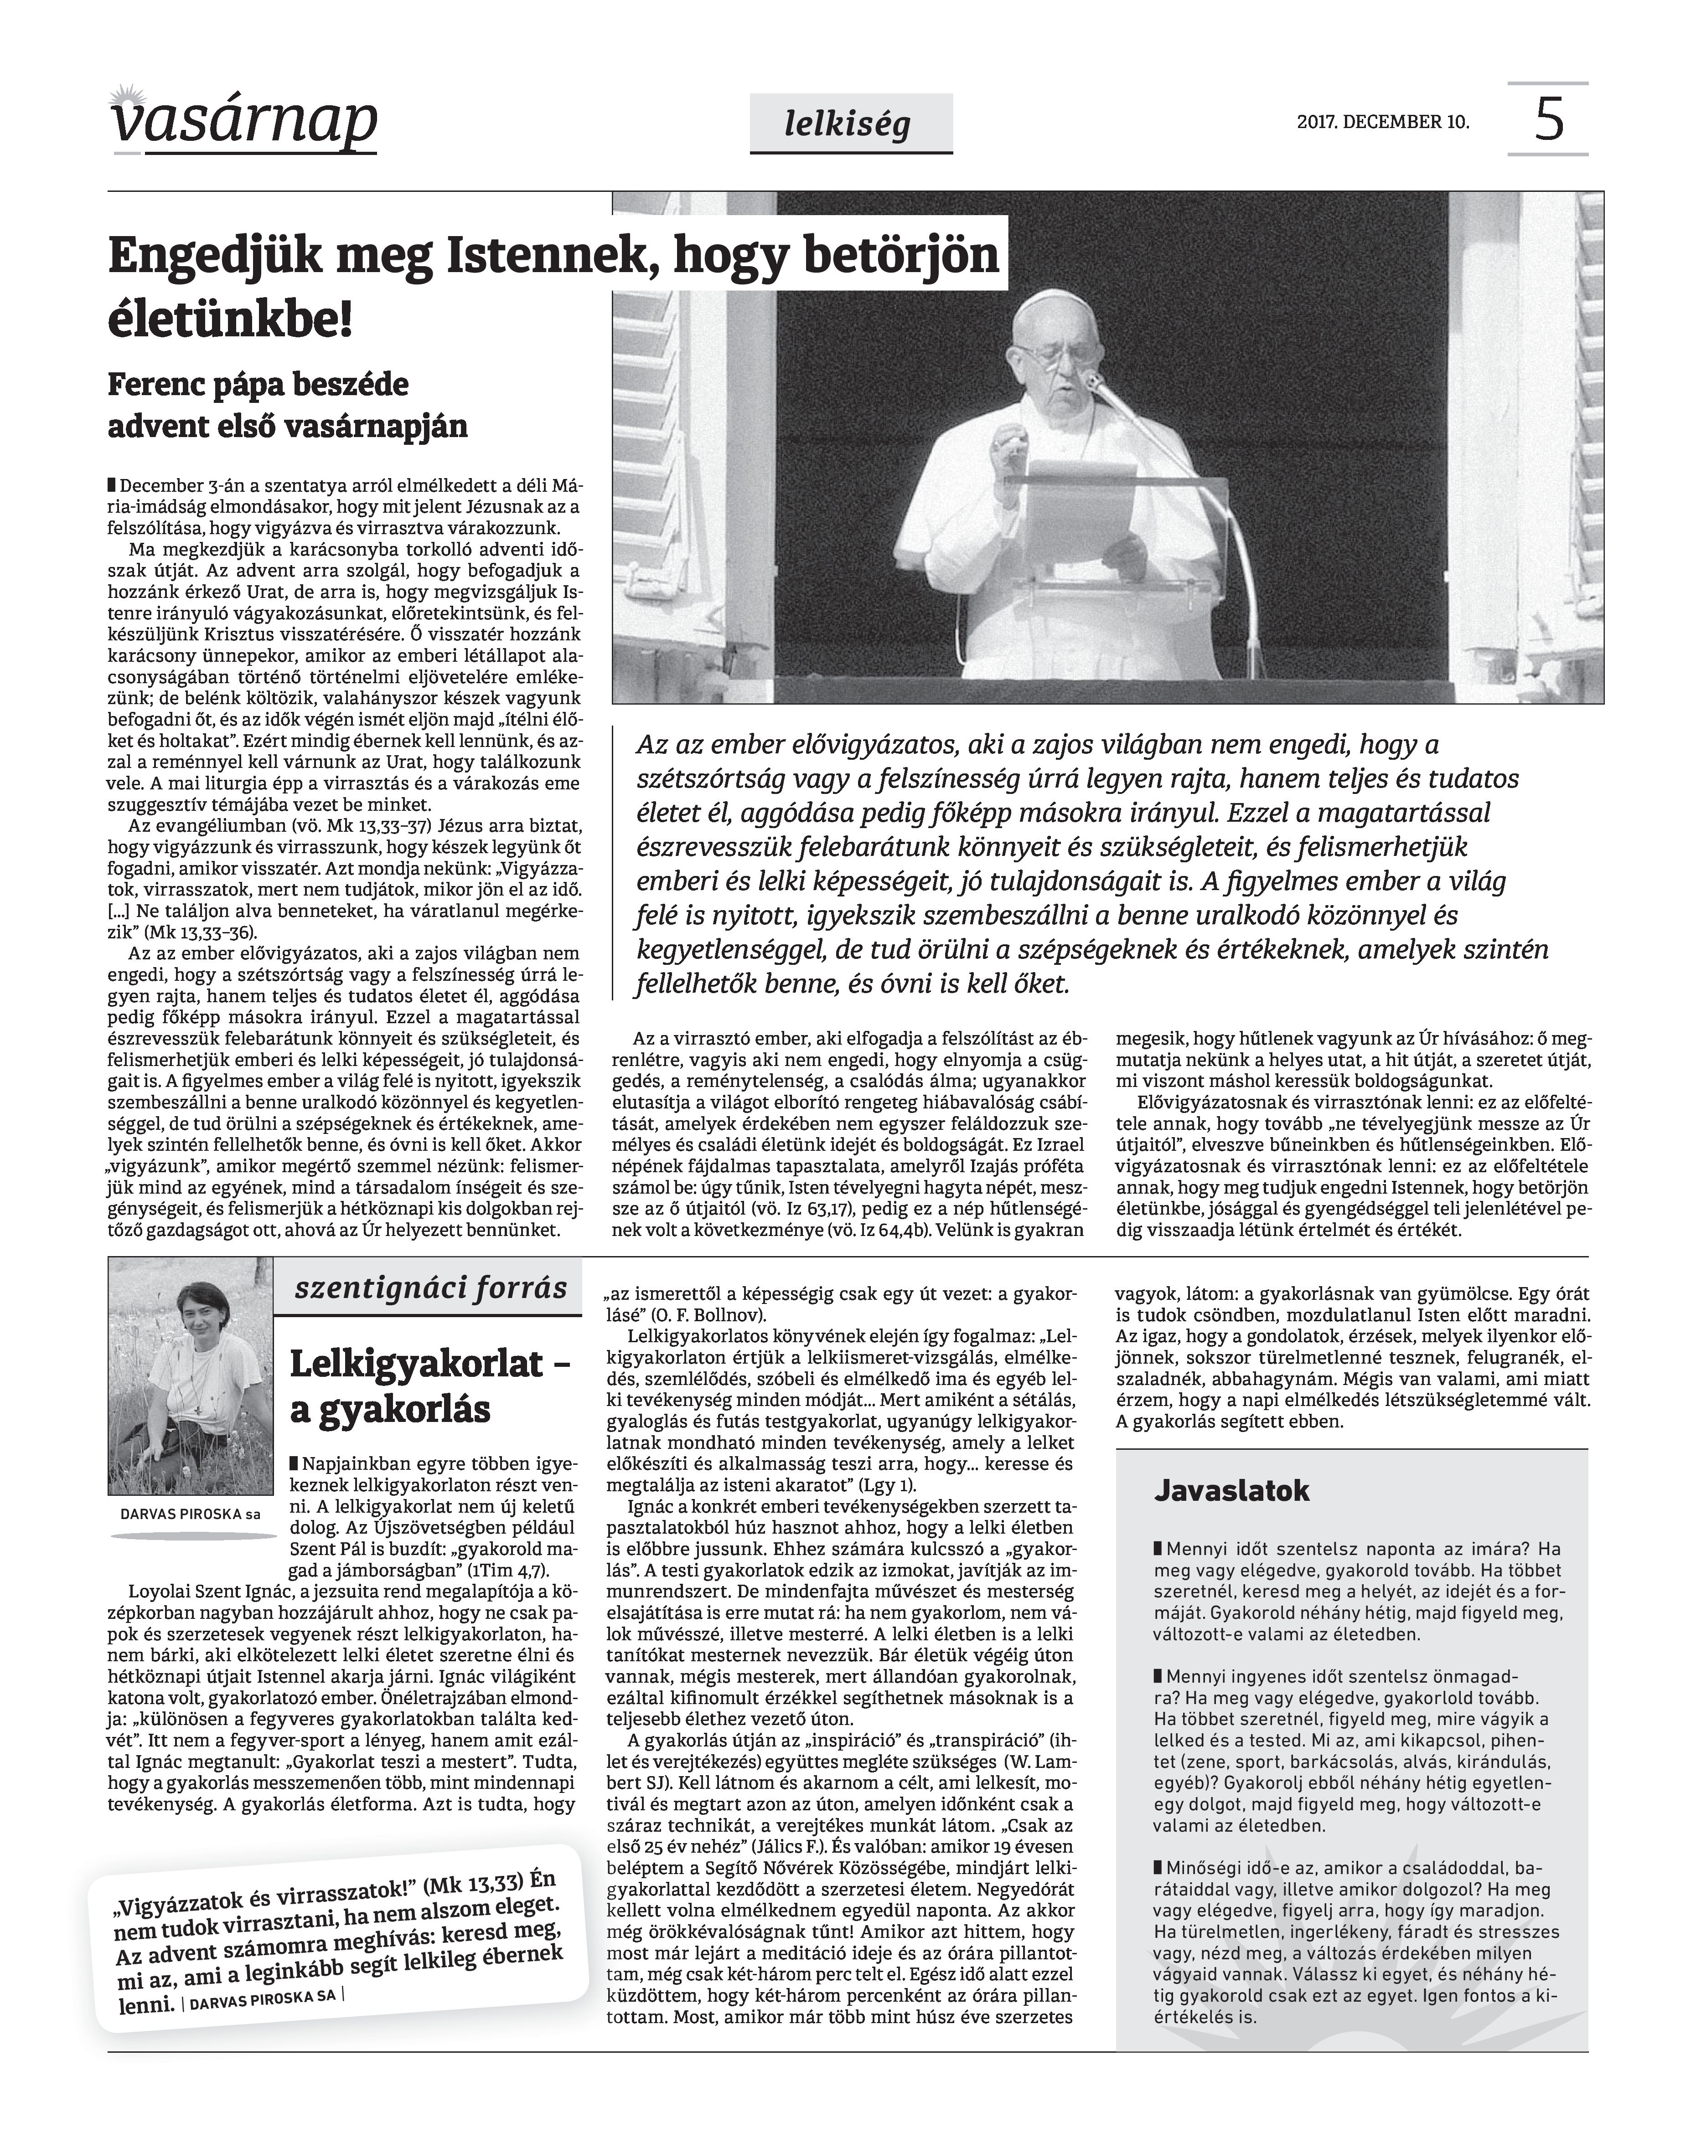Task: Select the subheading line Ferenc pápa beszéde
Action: coord(258,384)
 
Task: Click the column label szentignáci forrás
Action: coord(431,1288)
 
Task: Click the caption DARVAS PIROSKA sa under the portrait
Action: coord(190,1514)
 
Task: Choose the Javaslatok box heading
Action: coord(1231,1490)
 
